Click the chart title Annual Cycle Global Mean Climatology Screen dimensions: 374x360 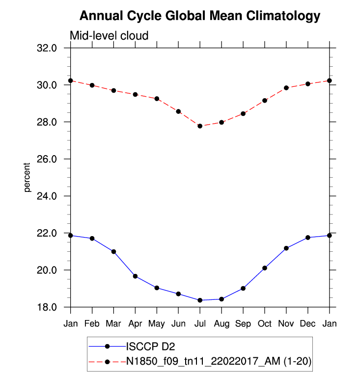[199, 16]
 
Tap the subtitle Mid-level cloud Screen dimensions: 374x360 [109, 36]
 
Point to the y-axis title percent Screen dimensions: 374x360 [28, 177]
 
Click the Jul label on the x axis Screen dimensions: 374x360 [200, 324]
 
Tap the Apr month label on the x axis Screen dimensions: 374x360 [135, 324]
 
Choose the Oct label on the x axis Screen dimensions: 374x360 [265, 324]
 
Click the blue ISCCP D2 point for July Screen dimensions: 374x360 [200, 300]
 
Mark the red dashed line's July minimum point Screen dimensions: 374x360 [200, 126]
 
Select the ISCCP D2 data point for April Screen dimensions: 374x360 [135, 276]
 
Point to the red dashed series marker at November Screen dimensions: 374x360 [286, 88]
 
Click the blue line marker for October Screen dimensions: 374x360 [265, 268]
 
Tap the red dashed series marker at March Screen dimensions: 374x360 [113, 91]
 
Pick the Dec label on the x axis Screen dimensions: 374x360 [308, 324]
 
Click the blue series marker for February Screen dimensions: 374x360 [92, 239]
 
